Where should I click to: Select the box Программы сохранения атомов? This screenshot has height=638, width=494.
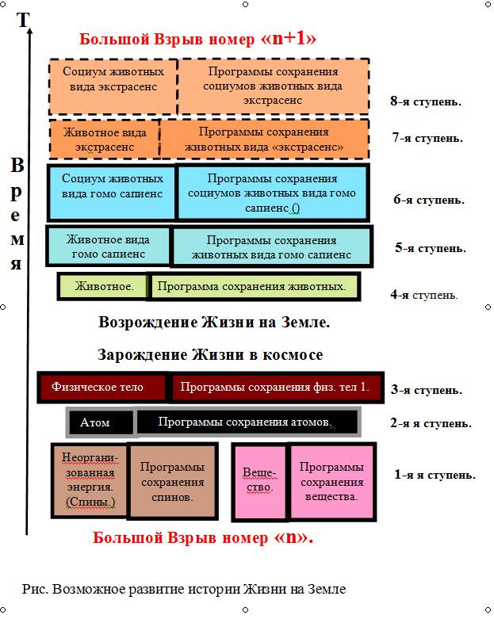tap(247, 422)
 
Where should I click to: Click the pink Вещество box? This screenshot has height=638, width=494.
tap(260, 482)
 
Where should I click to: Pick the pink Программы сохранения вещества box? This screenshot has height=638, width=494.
tap(331, 481)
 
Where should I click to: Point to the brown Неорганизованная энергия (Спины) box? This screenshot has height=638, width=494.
tap(90, 480)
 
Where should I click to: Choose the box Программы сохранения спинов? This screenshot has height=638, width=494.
tap(173, 481)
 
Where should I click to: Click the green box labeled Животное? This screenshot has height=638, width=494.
tap(103, 286)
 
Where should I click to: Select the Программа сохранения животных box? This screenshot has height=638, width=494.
tap(253, 286)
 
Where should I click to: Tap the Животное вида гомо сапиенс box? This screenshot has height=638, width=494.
tap(109, 246)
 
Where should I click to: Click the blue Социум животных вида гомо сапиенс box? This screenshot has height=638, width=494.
tap(112, 192)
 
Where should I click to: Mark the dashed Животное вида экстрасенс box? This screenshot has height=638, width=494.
tap(105, 139)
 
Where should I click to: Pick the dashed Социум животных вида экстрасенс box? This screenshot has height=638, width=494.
tap(113, 86)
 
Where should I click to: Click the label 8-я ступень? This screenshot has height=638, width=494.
tap(426, 101)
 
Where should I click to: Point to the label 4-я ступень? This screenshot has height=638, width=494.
tap(424, 294)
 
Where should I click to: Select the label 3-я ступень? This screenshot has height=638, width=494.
tap(427, 390)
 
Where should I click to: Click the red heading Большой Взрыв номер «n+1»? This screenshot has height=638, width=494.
tap(197, 39)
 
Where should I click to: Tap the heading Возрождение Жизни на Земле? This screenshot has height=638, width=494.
tap(214, 322)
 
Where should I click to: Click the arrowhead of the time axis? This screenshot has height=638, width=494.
tap(29, 29)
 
